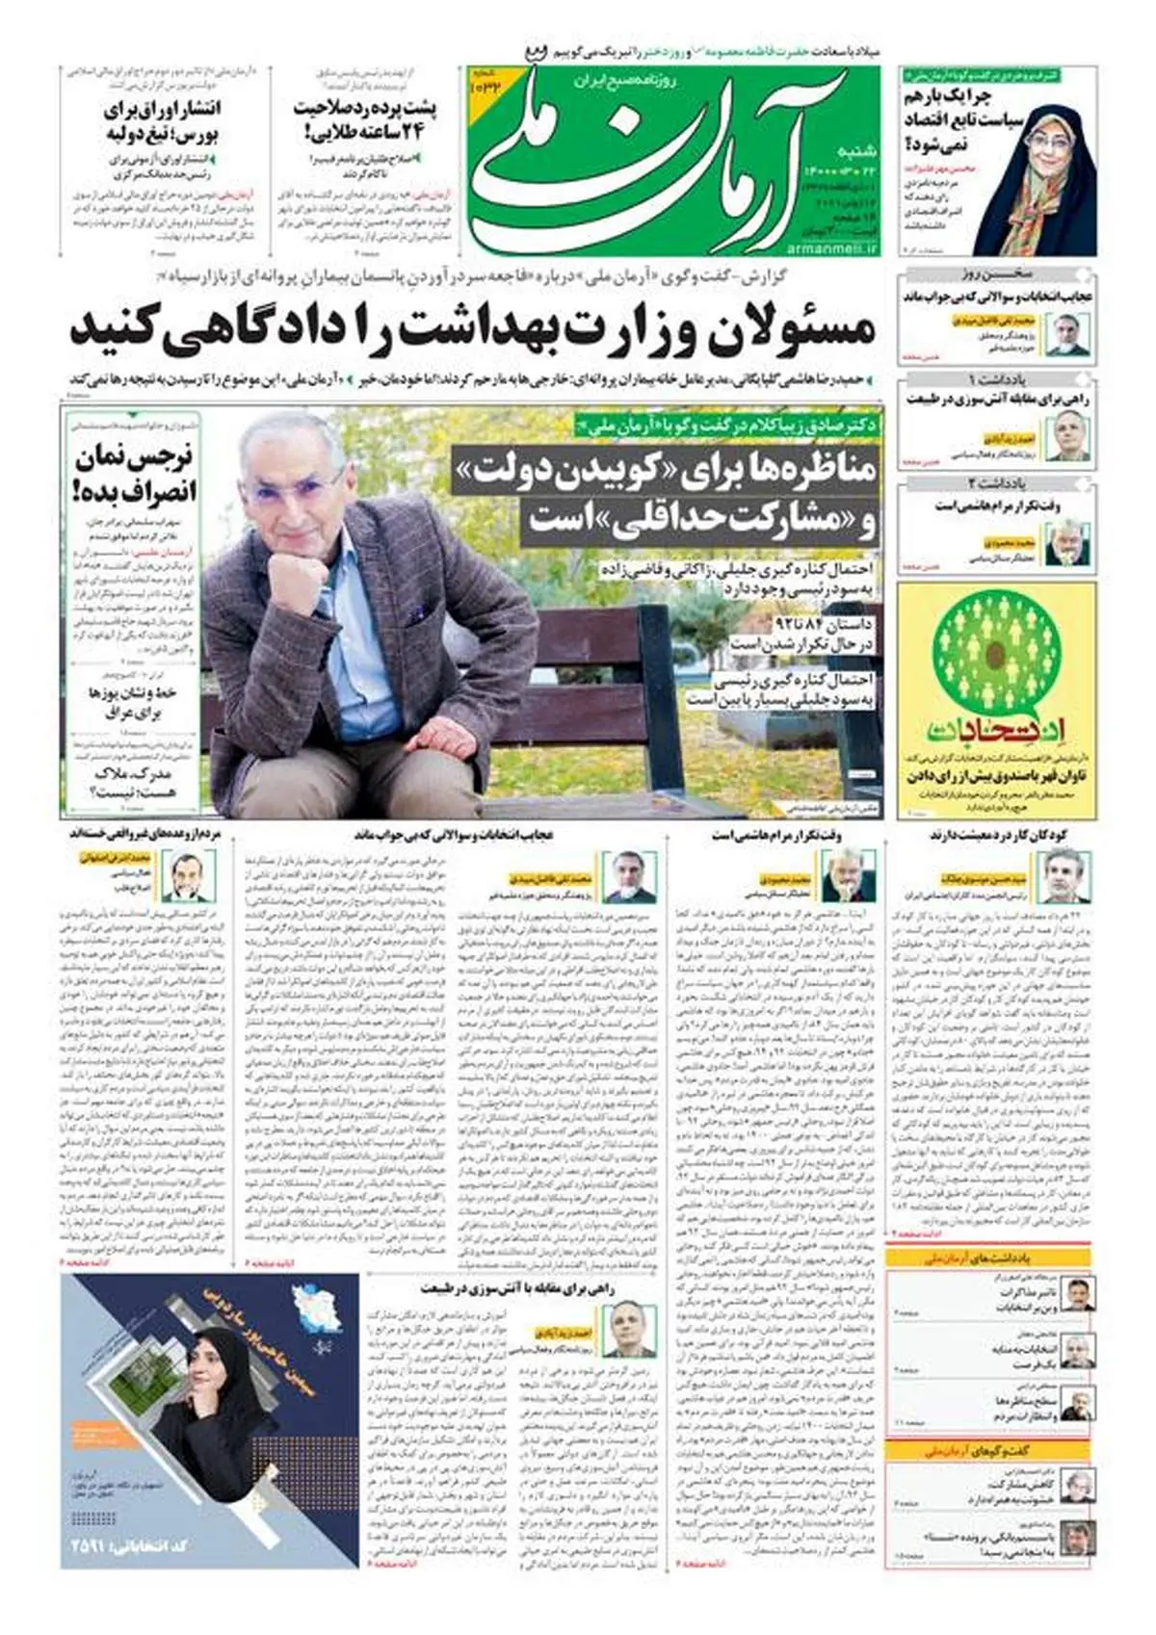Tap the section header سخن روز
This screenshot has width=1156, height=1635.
point(997,273)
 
